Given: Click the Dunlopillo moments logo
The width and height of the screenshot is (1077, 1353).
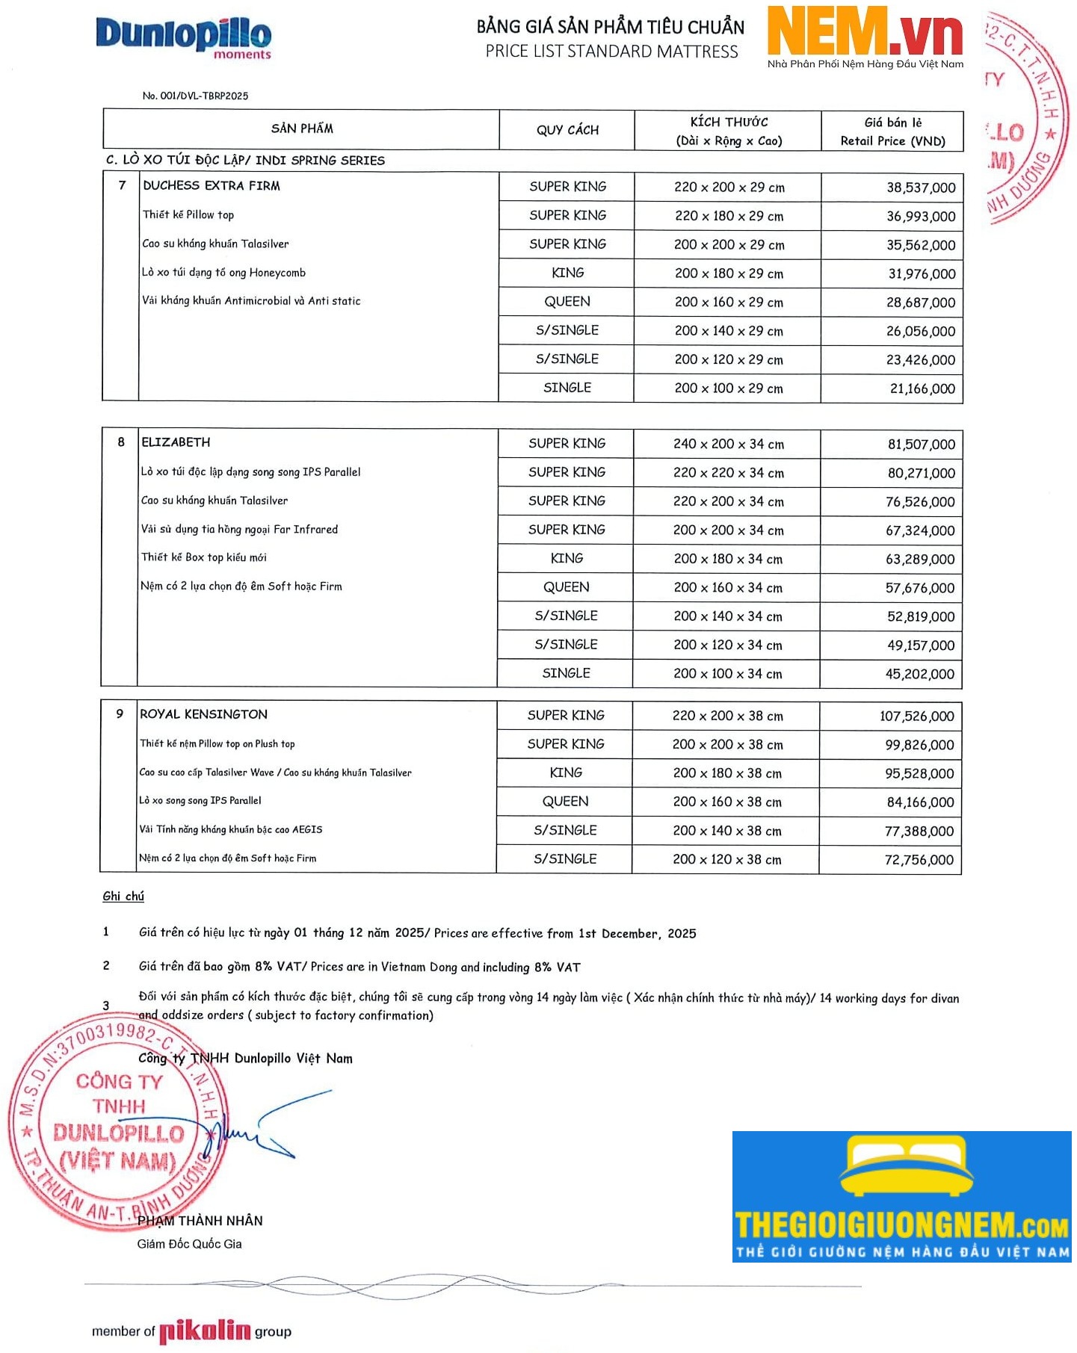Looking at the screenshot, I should pyautogui.click(x=184, y=37).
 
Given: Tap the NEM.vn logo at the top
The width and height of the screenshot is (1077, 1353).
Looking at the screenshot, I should pyautogui.click(x=865, y=36).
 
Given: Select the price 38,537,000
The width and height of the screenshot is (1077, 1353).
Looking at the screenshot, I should pyautogui.click(x=921, y=188).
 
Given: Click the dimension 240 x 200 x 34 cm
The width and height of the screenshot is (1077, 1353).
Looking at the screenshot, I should pyautogui.click(x=729, y=445).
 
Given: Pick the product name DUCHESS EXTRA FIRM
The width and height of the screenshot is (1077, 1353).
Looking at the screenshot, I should pyautogui.click(x=212, y=186).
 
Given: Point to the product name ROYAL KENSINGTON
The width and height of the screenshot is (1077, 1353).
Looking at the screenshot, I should pyautogui.click(x=203, y=714).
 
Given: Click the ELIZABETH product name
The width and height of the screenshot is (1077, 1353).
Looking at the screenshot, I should pyautogui.click(x=176, y=442).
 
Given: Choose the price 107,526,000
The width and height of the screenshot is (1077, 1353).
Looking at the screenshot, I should pyautogui.click(x=916, y=716).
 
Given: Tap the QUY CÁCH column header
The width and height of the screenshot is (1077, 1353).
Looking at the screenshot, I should pyautogui.click(x=567, y=130).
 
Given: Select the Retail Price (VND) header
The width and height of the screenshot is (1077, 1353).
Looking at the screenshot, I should pyautogui.click(x=892, y=141).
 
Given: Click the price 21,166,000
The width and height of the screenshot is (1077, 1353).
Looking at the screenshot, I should pyautogui.click(x=922, y=389).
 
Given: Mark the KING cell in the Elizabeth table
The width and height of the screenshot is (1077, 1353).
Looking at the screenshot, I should pyautogui.click(x=567, y=559).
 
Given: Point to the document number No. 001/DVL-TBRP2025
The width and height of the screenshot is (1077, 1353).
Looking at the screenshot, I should pyautogui.click(x=195, y=96).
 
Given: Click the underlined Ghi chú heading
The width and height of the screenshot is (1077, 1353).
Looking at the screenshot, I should pyautogui.click(x=123, y=897).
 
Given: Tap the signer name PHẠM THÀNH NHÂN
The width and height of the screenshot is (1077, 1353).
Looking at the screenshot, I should pyautogui.click(x=200, y=1221).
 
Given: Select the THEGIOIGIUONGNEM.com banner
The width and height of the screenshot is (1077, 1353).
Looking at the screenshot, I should pyautogui.click(x=901, y=1197).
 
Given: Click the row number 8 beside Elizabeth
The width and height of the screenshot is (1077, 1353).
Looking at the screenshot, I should pyautogui.click(x=121, y=442).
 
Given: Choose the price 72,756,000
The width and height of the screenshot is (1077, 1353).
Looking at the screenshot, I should pyautogui.click(x=919, y=861).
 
